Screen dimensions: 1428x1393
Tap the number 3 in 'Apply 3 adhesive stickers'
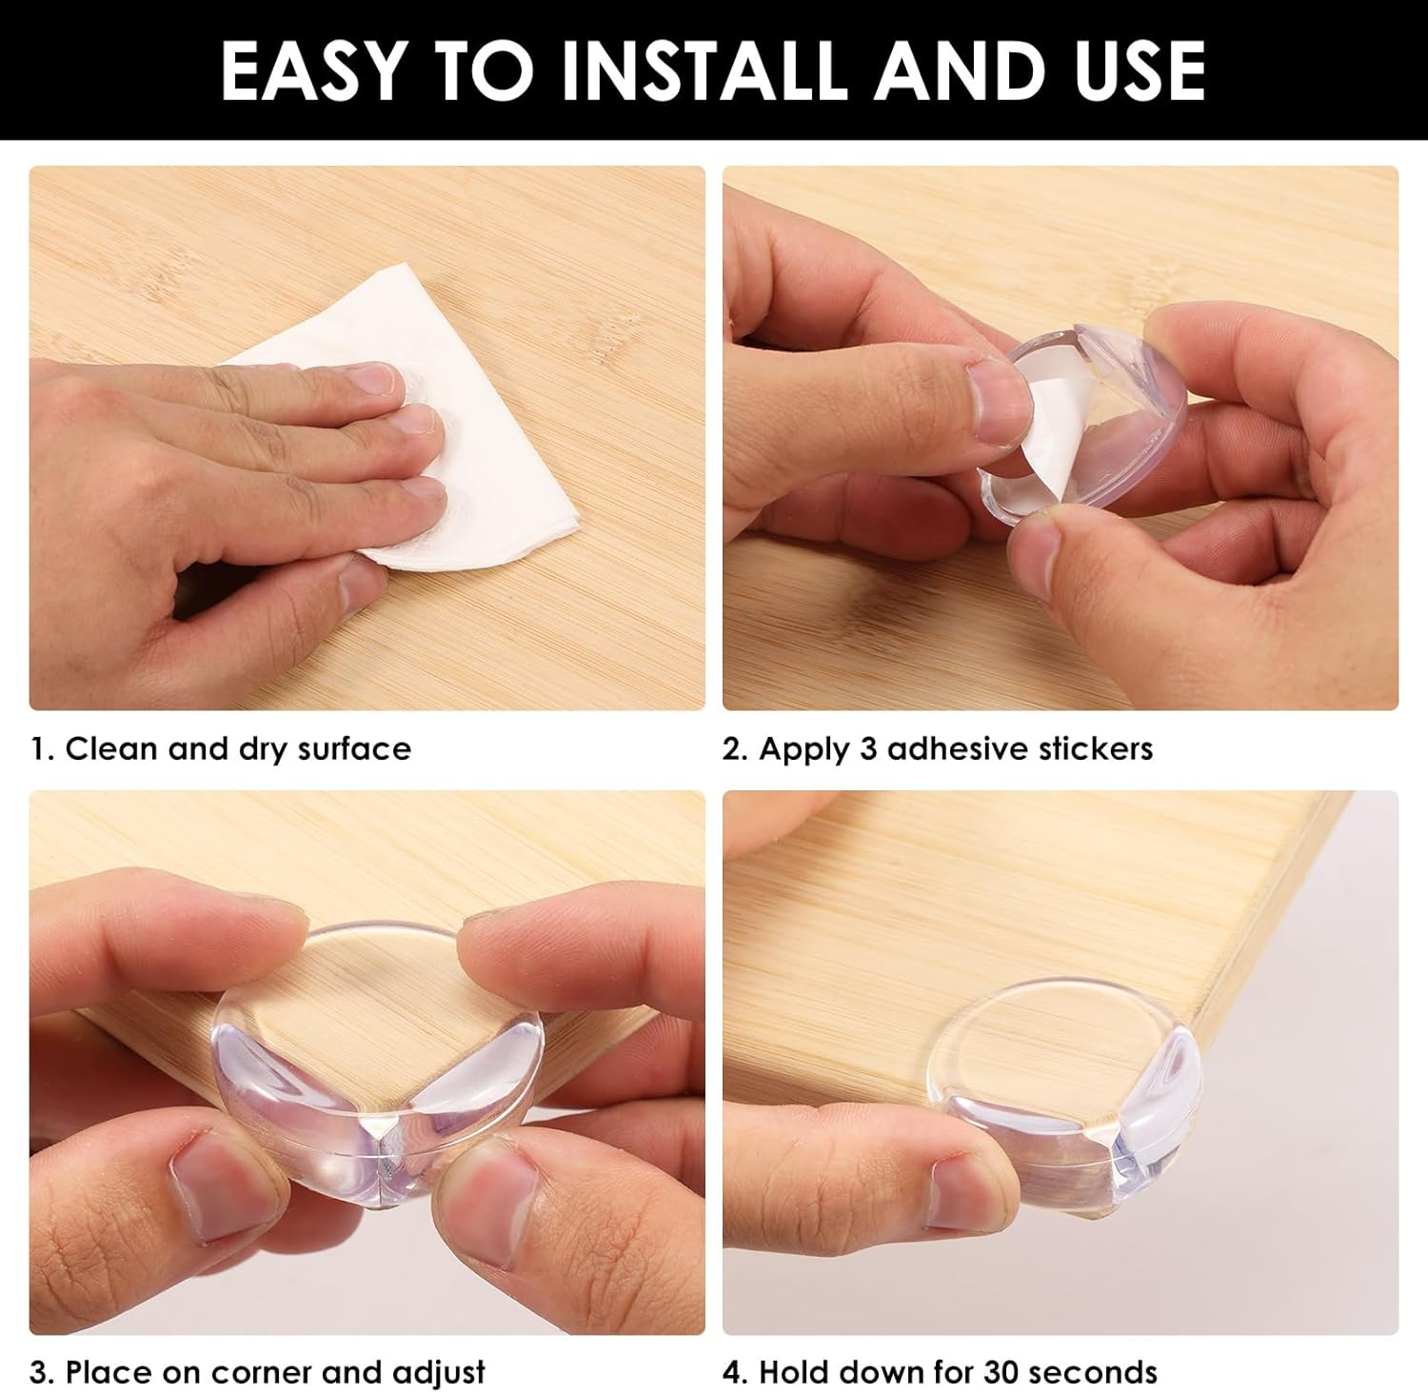point(868,749)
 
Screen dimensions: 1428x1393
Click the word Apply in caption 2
point(803,750)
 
